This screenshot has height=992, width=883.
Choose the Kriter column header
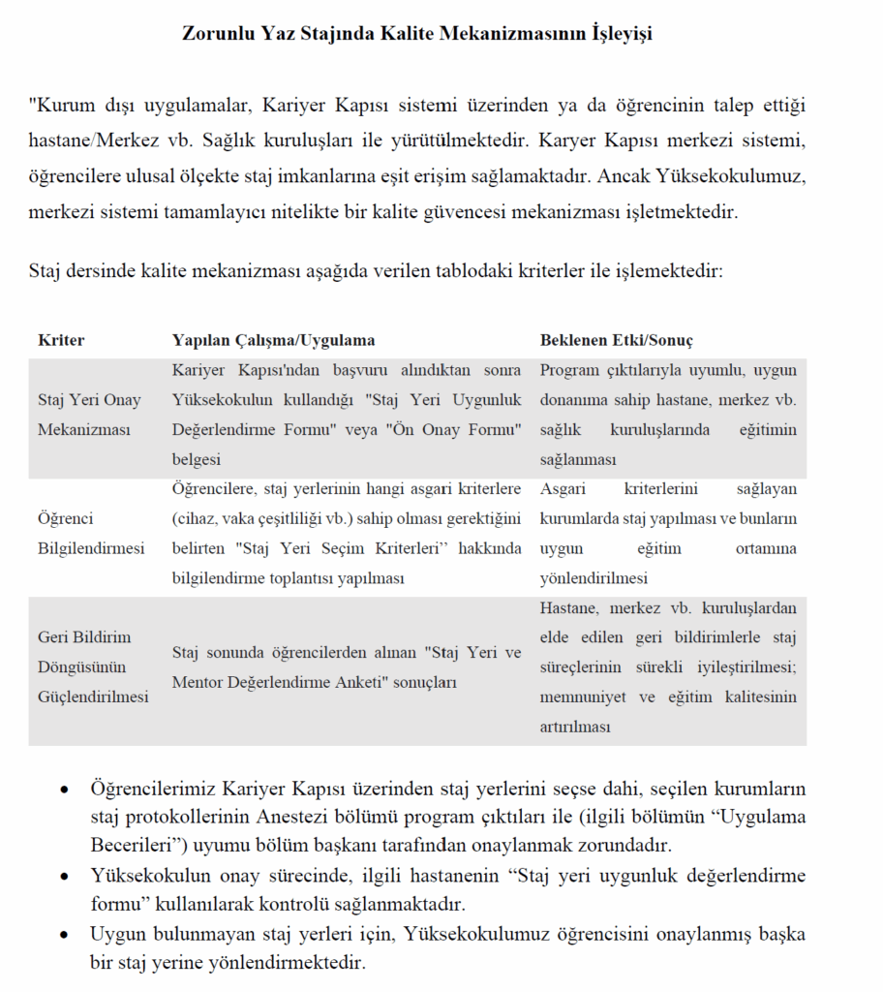pyautogui.click(x=61, y=340)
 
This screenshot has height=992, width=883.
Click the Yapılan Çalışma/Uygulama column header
pyautogui.click(x=273, y=340)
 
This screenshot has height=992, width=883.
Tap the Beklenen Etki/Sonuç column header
pyautogui.click(x=616, y=340)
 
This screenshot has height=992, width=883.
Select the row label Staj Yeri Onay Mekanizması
pyautogui.click(x=89, y=415)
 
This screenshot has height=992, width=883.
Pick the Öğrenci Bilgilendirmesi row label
pyautogui.click(x=90, y=533)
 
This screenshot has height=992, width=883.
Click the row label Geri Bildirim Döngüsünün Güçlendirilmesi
pyautogui.click(x=93, y=666)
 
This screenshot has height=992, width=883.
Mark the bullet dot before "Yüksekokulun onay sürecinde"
pyautogui.click(x=64, y=877)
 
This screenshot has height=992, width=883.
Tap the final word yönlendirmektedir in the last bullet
pyautogui.click(x=284, y=963)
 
